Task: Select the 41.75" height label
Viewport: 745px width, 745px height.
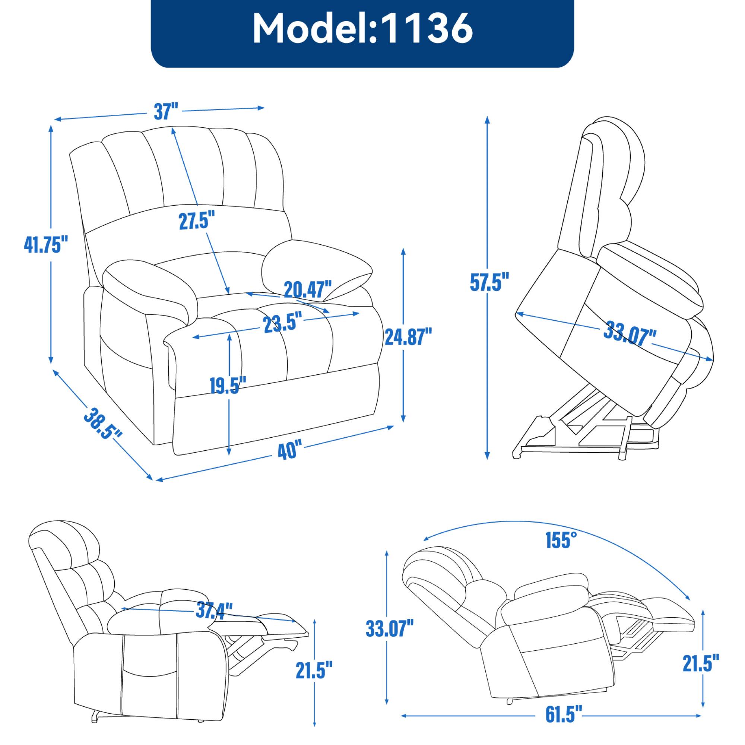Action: [x=46, y=244]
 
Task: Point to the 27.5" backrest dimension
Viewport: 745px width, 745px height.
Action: [x=196, y=221]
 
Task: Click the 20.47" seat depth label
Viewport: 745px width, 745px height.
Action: [x=308, y=289]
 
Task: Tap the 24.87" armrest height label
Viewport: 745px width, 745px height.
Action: [x=408, y=336]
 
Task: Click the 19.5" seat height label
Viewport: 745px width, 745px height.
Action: [x=228, y=384]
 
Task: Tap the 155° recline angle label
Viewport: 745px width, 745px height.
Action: [x=561, y=540]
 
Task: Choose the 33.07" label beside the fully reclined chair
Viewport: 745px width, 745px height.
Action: [x=390, y=629]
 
